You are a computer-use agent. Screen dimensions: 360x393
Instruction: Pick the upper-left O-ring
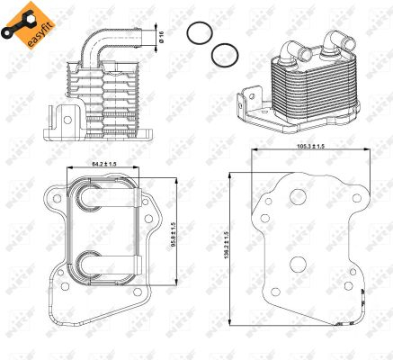(198, 35)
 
